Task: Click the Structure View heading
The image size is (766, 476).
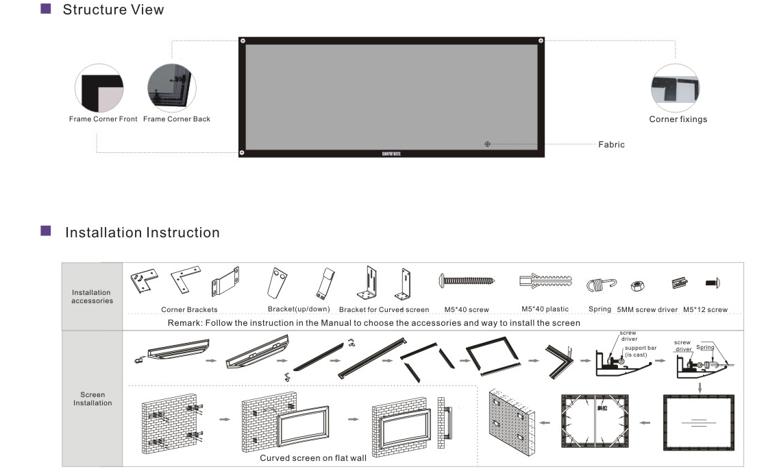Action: [113, 10]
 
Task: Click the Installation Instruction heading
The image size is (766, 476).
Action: [142, 233]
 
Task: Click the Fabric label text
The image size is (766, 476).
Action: [611, 145]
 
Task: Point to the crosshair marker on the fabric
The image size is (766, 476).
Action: [487, 144]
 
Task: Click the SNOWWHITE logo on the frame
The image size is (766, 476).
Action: [391, 154]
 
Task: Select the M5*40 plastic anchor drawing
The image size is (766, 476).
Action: [545, 281]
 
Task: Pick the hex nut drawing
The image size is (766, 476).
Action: [635, 283]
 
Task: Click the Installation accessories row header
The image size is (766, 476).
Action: [92, 296]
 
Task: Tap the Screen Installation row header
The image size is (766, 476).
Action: [92, 398]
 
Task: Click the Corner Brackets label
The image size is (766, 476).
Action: [189, 309]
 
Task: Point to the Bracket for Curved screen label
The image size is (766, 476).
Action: [384, 309]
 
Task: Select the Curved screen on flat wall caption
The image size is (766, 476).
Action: [313, 458]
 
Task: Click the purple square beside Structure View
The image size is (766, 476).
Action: [46, 9]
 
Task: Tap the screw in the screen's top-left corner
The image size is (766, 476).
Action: [243, 41]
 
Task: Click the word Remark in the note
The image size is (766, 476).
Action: [184, 322]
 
